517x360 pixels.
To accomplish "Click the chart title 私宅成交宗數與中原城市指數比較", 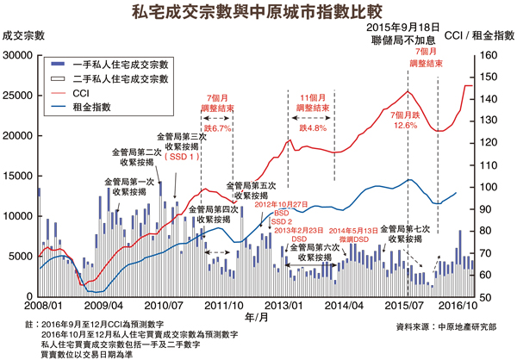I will coord(258,12).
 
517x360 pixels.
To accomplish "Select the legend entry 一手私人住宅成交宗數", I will coord(121,63).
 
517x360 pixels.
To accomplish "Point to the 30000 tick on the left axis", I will coord(18,55).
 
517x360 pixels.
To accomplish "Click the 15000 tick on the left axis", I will coord(18,176).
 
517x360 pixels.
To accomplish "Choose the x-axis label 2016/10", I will coord(457,306).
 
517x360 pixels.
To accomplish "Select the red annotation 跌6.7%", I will coord(215,127).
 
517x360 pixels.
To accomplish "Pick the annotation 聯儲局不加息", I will coord(399,39).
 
